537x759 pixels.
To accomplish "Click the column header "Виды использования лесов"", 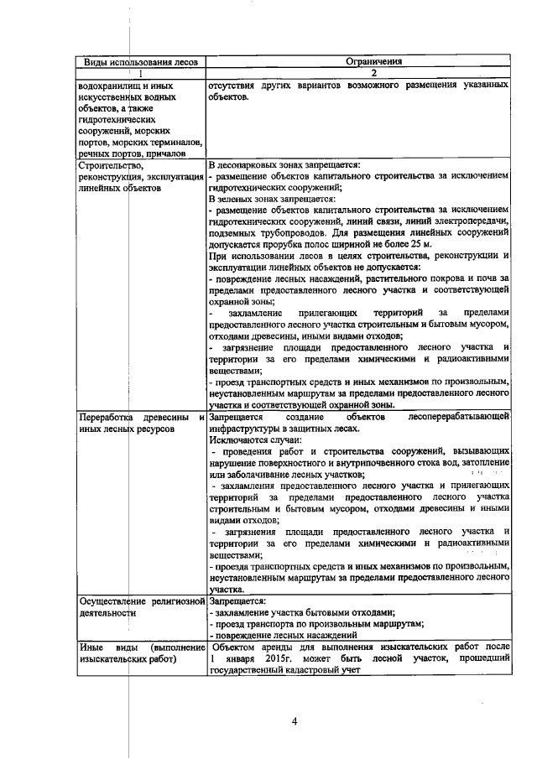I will pyautogui.click(x=141, y=61).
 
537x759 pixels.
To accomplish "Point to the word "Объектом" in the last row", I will pyautogui.click(x=237, y=648).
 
